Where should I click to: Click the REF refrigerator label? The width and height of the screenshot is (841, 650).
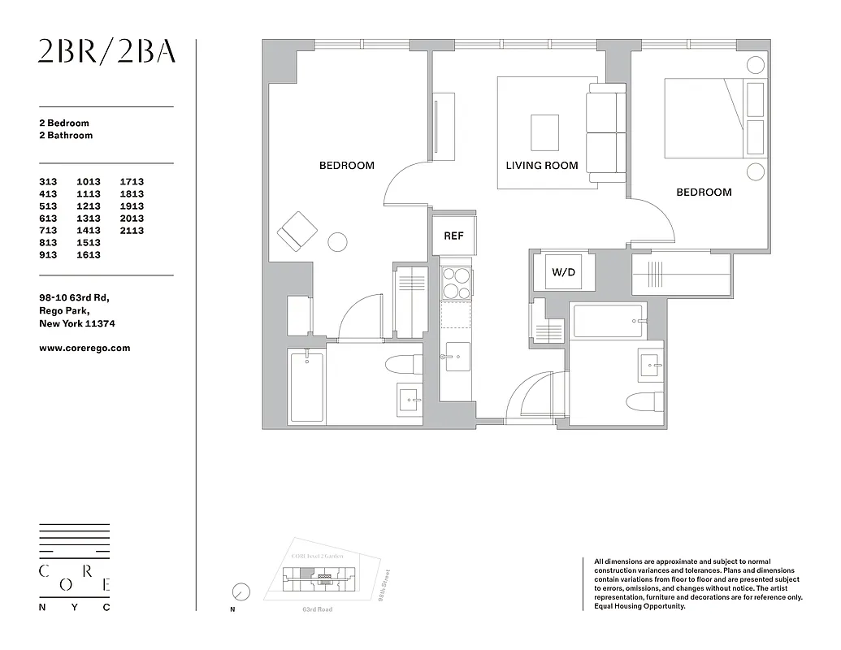coord(453,236)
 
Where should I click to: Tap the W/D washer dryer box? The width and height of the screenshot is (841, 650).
coord(563,272)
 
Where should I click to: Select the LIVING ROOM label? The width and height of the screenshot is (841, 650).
coord(542,165)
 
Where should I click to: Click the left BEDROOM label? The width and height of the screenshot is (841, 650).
coord(346,165)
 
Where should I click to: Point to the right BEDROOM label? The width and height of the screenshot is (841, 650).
coord(704,192)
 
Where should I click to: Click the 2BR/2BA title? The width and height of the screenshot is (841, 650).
coord(106,52)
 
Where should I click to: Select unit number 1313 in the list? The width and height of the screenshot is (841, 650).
coord(89,218)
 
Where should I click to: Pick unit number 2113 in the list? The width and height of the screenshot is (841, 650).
coord(132,230)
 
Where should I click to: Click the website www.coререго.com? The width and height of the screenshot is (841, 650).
coord(85,348)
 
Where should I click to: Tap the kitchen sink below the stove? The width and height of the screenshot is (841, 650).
coord(455,356)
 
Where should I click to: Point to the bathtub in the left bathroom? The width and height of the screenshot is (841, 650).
coord(306,387)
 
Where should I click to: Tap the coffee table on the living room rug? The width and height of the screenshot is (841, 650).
coord(544,132)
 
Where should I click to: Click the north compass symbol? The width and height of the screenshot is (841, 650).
coord(241,591)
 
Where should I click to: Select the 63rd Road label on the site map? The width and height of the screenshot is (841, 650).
coord(318,609)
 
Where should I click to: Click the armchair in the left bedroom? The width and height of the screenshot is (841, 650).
coord(297,230)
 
